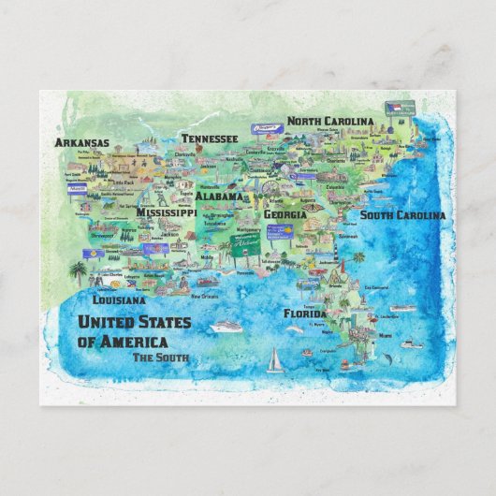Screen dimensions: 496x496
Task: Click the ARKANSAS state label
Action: [x=82, y=143]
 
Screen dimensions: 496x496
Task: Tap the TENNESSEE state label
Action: [x=209, y=139]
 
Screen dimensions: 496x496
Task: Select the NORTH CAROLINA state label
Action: [x=330, y=122]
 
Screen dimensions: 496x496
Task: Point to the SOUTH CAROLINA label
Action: [x=402, y=215]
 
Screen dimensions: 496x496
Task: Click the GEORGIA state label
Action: [x=285, y=214]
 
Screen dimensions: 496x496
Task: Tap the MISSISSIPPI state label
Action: [x=166, y=212]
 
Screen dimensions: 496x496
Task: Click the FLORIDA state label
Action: [x=305, y=314]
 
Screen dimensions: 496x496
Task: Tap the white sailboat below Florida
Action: [x=275, y=359]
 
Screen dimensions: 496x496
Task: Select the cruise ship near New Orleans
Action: [x=226, y=327]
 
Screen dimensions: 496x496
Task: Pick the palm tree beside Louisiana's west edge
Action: [x=77, y=270]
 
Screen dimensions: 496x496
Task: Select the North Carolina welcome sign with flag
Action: [x=395, y=109]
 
